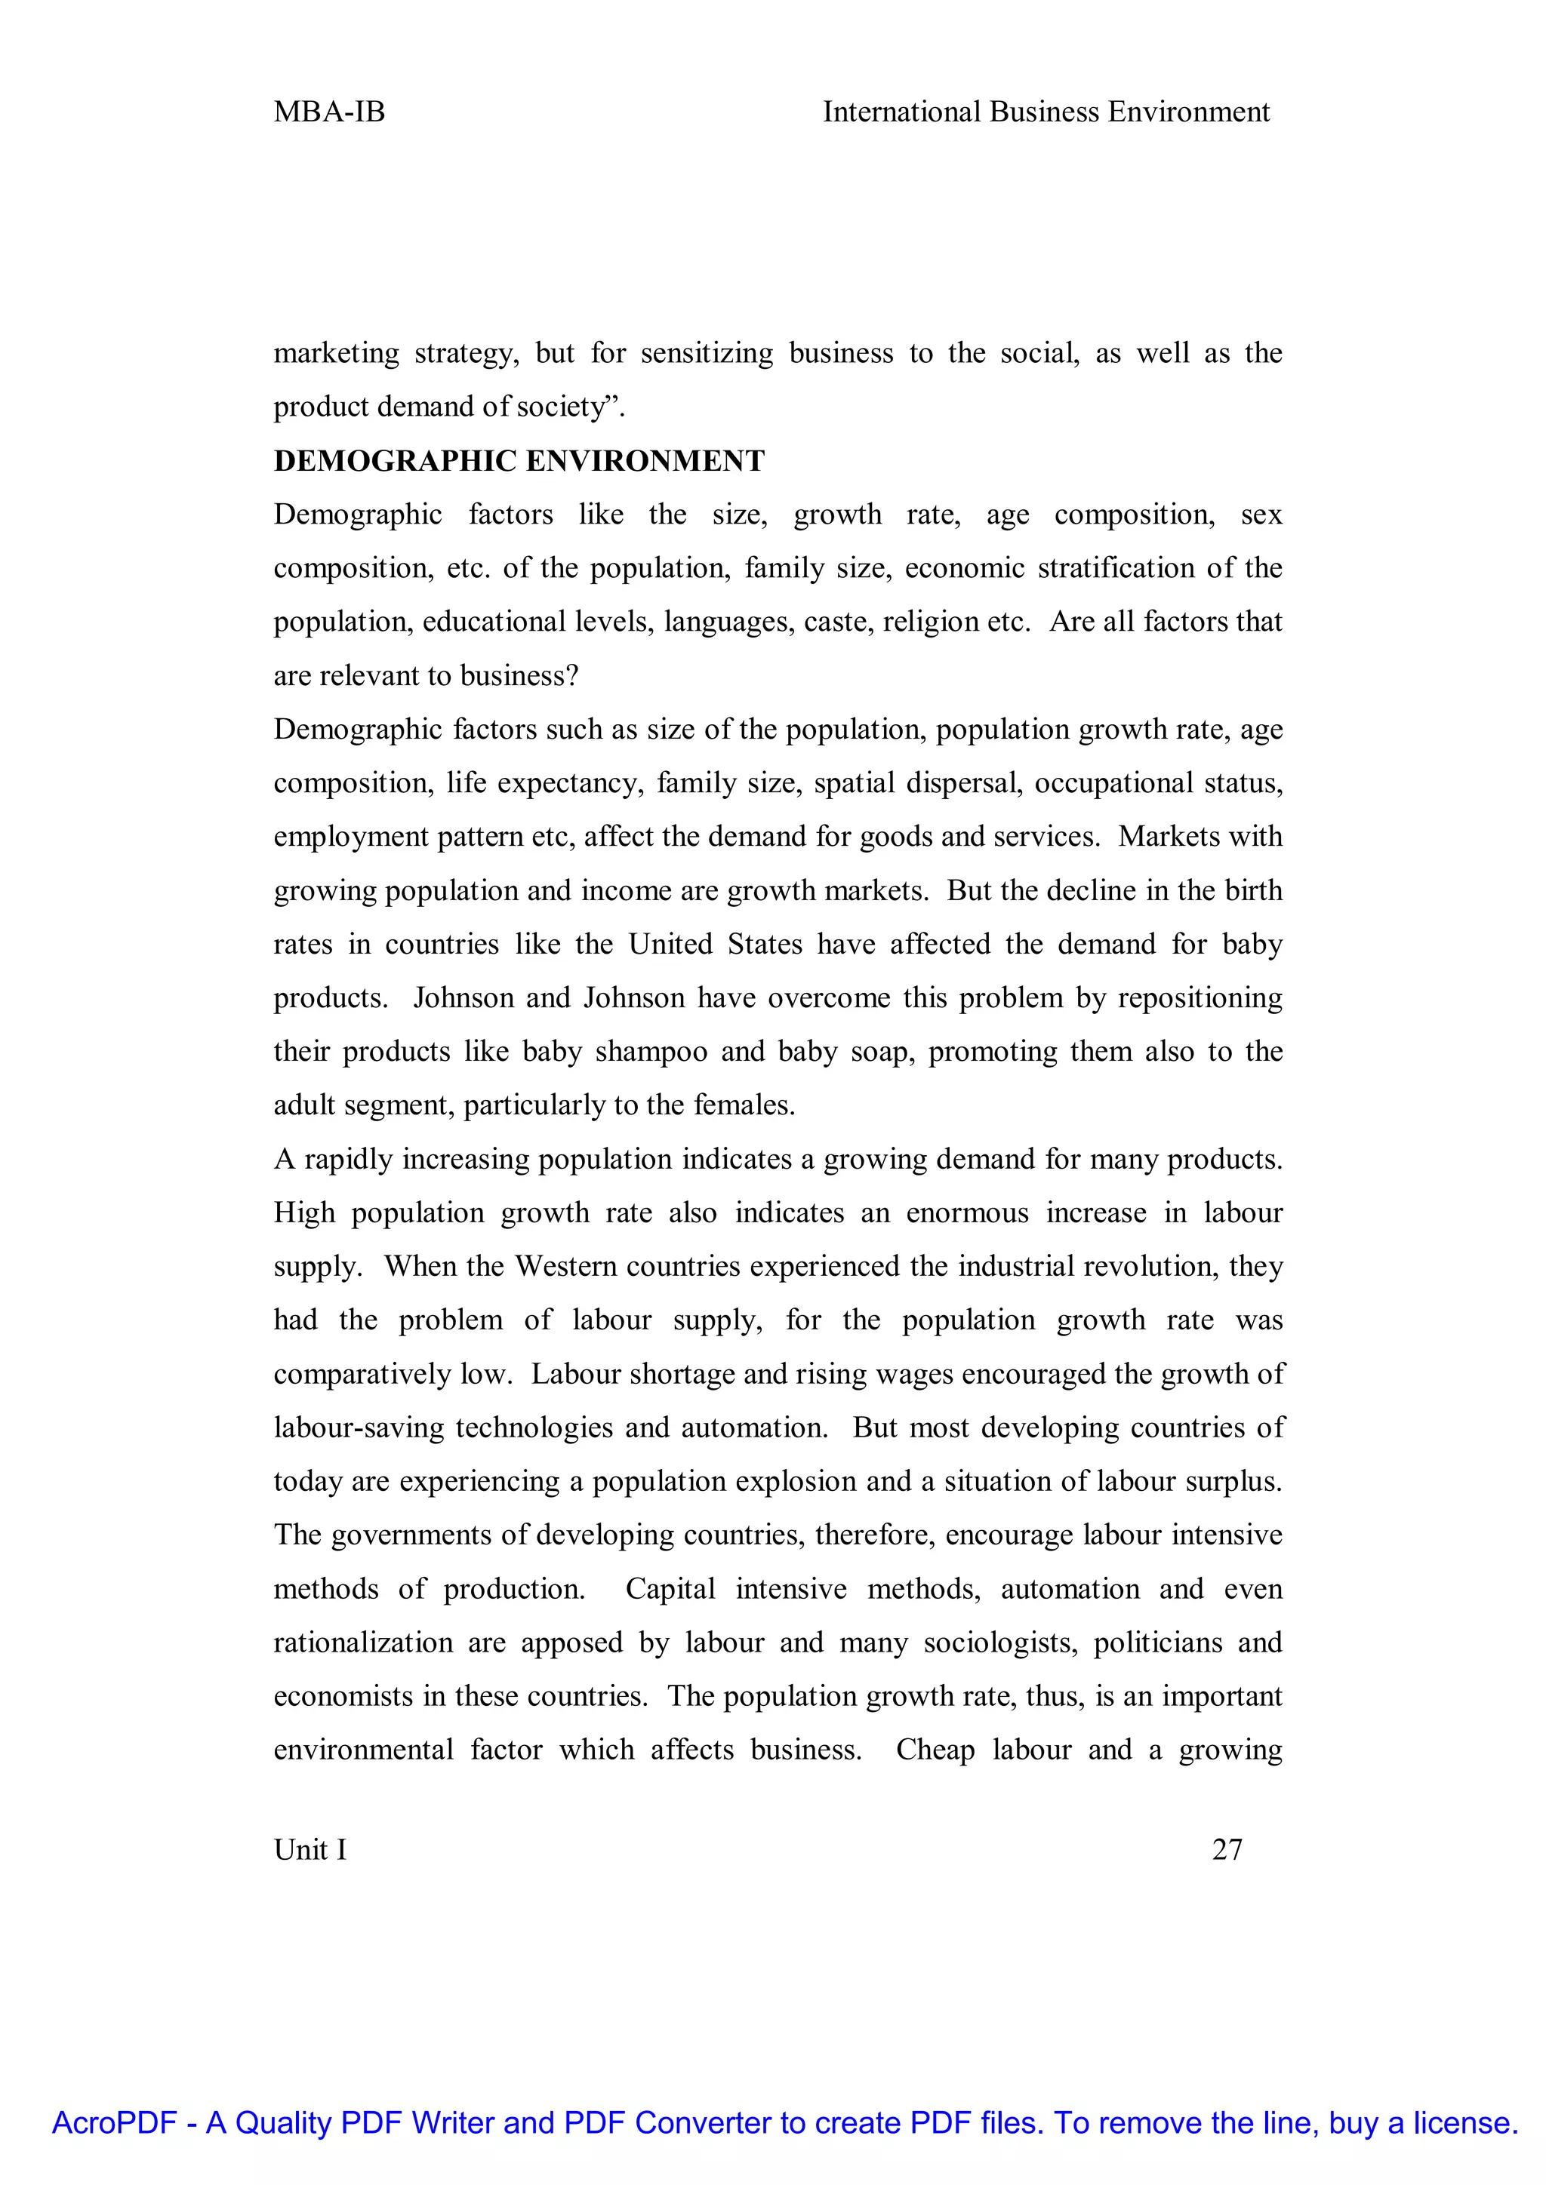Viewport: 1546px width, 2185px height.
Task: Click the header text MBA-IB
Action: (328, 112)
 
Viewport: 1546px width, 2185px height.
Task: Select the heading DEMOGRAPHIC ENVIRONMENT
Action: (519, 462)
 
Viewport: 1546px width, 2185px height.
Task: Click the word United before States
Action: (670, 944)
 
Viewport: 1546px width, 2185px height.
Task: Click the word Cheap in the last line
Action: (935, 1750)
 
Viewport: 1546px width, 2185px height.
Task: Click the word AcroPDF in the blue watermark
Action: (114, 2123)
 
